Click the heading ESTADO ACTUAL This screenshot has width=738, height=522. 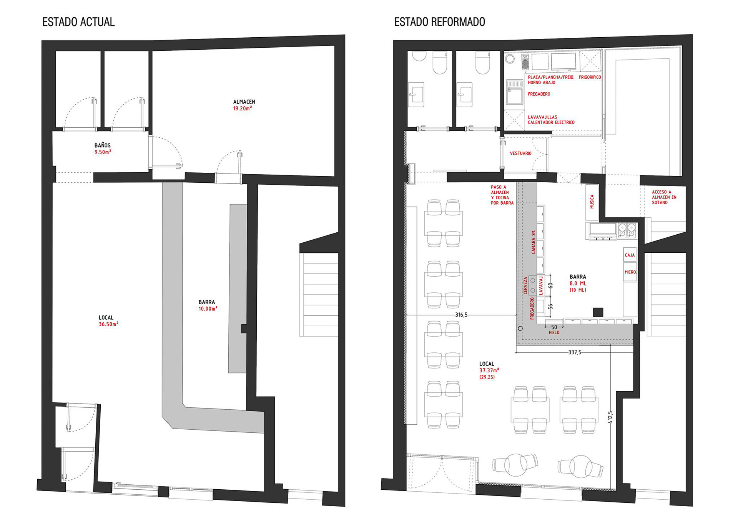78,22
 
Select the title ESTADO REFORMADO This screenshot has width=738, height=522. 440,22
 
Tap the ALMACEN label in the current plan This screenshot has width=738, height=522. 244,102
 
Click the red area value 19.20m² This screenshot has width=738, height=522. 243,108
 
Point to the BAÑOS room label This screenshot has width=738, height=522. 103,145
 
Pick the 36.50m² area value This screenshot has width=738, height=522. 108,324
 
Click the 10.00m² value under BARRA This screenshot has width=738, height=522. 208,309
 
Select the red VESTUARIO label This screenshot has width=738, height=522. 521,153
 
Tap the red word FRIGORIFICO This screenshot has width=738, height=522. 590,77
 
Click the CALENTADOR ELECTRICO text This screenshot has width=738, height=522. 551,122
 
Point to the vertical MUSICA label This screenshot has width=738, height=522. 592,202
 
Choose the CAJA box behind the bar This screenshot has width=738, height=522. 630,255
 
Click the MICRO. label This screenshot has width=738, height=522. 630,272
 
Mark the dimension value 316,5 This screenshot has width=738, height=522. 461,315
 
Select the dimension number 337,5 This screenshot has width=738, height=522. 575,352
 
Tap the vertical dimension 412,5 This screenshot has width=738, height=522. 611,417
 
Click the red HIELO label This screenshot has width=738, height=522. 554,332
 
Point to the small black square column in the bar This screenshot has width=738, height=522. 598,312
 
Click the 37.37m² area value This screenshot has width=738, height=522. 489,370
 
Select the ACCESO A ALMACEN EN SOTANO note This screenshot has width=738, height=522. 664,197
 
